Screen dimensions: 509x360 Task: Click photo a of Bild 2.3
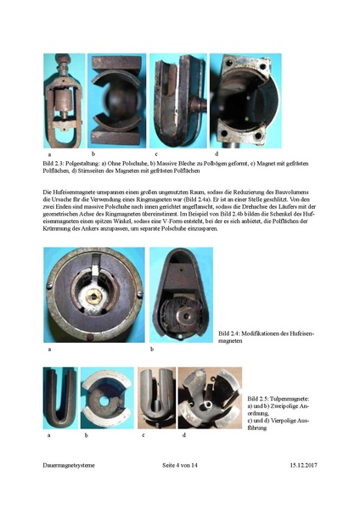[63, 103]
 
